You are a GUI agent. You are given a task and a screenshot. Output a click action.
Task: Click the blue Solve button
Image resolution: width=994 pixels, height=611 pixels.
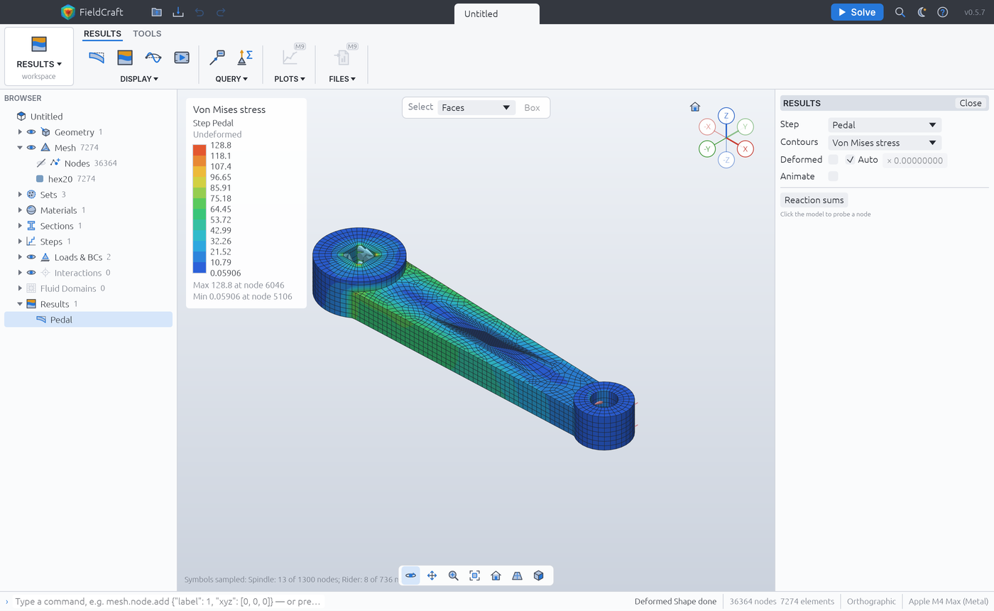(857, 12)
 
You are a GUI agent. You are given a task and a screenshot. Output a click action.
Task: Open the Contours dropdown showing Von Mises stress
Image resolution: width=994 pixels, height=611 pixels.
(884, 143)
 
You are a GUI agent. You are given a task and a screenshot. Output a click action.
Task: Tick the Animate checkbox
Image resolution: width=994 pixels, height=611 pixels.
(833, 176)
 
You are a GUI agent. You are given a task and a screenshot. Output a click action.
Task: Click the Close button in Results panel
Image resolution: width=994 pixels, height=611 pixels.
(970, 103)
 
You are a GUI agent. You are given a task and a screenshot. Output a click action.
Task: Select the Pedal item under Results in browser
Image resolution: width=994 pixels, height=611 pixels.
(61, 320)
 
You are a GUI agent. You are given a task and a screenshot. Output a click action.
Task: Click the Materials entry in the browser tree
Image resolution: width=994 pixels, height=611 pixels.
(58, 210)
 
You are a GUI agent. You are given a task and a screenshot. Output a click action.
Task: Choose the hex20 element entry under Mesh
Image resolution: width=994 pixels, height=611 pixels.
(60, 179)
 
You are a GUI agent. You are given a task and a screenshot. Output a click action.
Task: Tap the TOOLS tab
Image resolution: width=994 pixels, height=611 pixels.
(147, 34)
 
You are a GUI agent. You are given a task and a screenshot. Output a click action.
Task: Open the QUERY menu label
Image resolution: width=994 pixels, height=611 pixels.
(231, 79)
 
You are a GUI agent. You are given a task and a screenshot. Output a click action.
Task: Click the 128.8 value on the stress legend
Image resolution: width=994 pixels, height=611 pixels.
(221, 145)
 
